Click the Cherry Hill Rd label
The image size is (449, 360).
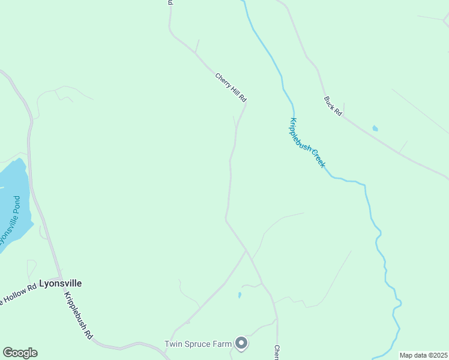(x=231, y=86)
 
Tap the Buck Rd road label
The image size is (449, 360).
(x=333, y=106)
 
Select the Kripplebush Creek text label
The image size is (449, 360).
(x=308, y=143)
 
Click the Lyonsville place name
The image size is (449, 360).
(x=60, y=283)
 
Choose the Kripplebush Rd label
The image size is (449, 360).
(x=79, y=316)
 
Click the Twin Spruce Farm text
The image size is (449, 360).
(x=198, y=344)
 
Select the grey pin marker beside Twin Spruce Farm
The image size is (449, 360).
(x=241, y=343)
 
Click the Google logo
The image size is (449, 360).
(x=20, y=353)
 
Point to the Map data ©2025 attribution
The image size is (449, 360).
(x=423, y=355)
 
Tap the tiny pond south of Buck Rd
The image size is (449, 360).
(x=375, y=128)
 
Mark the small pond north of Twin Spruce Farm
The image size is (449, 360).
(x=239, y=295)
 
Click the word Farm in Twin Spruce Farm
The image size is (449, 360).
(x=221, y=344)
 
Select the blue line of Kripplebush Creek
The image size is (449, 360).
(x=372, y=204)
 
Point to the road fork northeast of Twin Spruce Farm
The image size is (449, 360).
(x=246, y=250)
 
